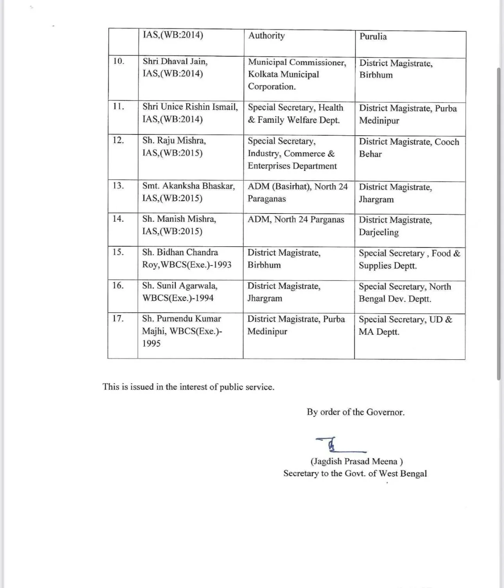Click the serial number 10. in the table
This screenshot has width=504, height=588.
[118, 61]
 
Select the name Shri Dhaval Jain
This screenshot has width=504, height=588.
[175, 61]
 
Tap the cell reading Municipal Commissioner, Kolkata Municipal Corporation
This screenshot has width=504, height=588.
[297, 74]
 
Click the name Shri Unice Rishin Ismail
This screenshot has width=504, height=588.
[190, 107]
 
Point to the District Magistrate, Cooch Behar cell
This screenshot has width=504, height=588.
[409, 148]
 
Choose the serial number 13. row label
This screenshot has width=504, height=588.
[118, 185]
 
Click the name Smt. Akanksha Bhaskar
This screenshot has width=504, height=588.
[189, 186]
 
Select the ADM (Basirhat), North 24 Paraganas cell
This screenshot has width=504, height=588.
[297, 192]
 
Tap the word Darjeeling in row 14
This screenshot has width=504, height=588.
[379, 232]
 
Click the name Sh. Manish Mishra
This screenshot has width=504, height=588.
[179, 219]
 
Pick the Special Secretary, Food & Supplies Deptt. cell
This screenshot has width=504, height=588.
[409, 259]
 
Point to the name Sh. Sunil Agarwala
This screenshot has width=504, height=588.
[180, 286]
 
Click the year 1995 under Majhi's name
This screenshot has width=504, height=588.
[151, 343]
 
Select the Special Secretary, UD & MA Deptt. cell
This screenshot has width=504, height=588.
[405, 326]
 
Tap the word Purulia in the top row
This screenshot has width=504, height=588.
[373, 37]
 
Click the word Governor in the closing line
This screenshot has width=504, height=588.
[386, 412]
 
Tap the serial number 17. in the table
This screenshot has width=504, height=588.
[118, 319]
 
